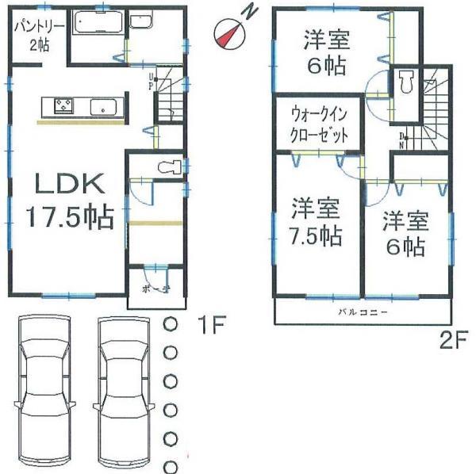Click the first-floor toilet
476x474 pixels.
pyautogui.click(x=167, y=167)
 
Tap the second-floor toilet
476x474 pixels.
pyautogui.click(x=406, y=80)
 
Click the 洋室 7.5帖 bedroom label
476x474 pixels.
pyautogui.click(x=315, y=223)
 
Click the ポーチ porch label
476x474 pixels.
pyautogui.click(x=157, y=289)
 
